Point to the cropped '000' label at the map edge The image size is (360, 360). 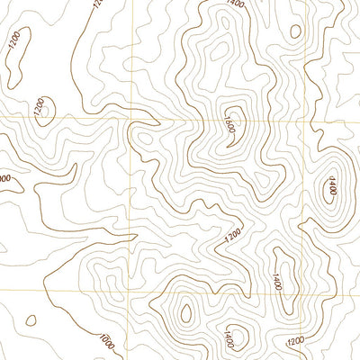pos(4,178)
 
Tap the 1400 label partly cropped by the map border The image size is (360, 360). pos(236,4)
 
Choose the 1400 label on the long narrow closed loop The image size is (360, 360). pos(277,270)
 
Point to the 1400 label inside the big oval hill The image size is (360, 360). pos(330,187)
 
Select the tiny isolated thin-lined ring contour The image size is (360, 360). pos(31,319)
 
